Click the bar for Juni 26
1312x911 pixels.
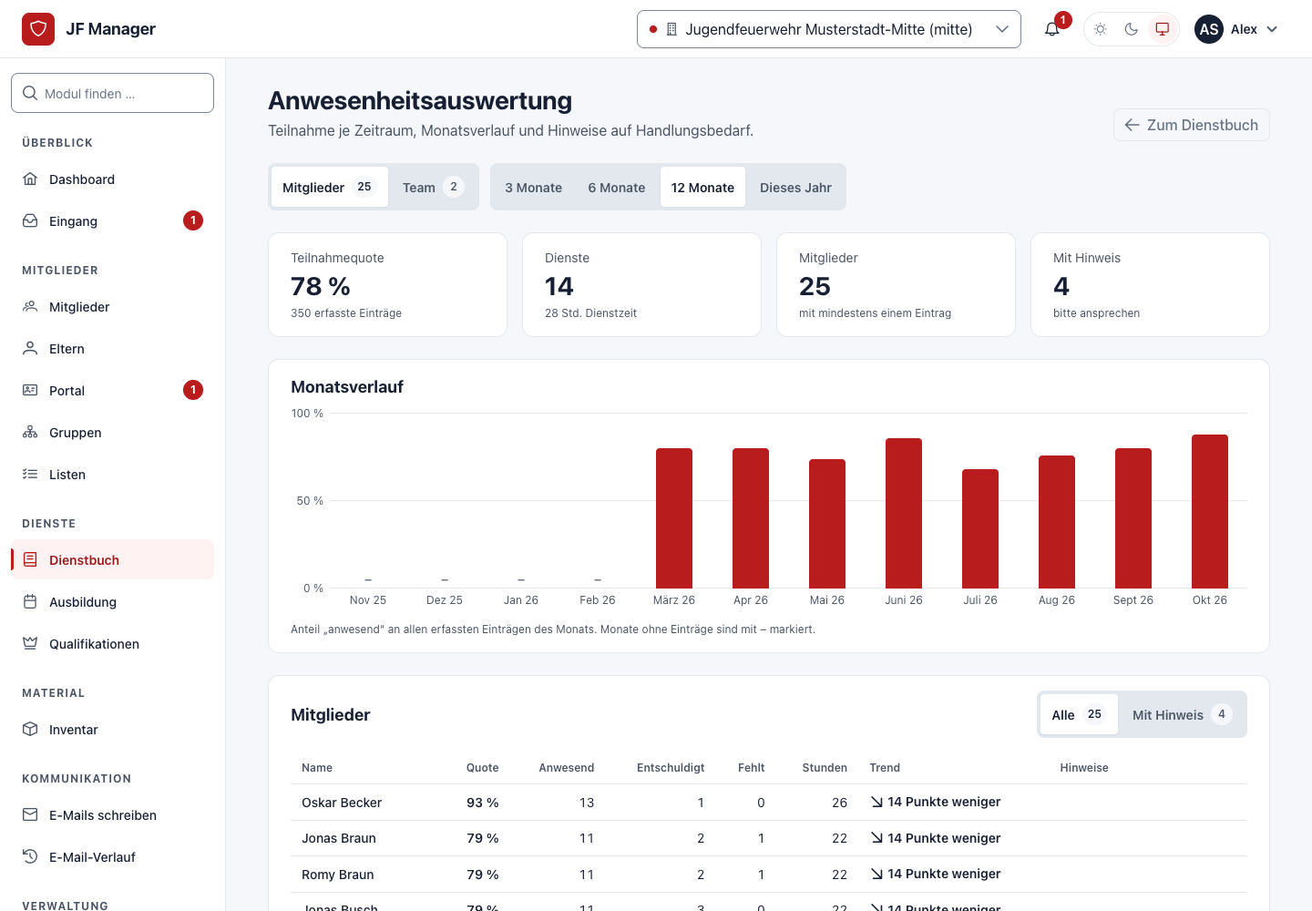click(x=903, y=513)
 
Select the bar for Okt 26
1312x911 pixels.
click(x=1210, y=511)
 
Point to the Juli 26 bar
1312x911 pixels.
click(x=980, y=528)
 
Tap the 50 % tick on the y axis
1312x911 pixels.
click(x=309, y=500)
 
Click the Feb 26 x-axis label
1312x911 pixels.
click(x=597, y=600)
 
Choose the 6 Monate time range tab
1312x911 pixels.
click(x=616, y=188)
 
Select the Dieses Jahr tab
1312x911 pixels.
click(x=795, y=188)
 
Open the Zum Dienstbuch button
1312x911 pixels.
click(x=1192, y=125)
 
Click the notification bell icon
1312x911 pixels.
click(x=1052, y=29)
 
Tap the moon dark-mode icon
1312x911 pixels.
click(x=1131, y=29)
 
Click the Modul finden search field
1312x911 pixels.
click(x=112, y=93)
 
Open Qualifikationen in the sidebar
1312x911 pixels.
click(x=94, y=644)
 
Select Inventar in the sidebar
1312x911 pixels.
click(x=73, y=730)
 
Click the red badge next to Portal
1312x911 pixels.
click(x=193, y=390)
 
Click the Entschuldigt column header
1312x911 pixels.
click(x=670, y=768)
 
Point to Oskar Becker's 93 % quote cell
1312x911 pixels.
click(x=482, y=802)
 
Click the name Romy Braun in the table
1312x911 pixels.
click(x=337, y=875)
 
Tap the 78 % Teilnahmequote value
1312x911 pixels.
click(x=321, y=286)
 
